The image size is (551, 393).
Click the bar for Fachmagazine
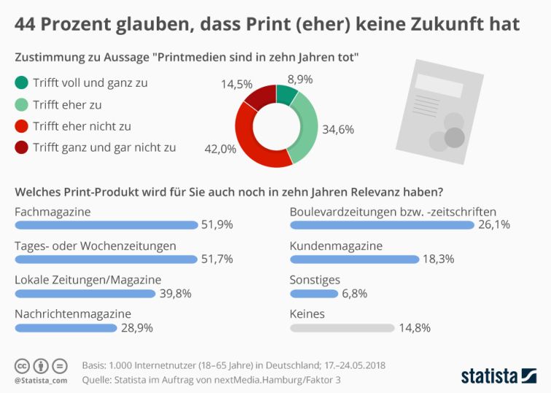click(x=106, y=225)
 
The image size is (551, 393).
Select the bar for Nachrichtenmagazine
click(x=66, y=328)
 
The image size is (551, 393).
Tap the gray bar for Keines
click(x=342, y=328)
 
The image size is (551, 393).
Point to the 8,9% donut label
click(x=300, y=78)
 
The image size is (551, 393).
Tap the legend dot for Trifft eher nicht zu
click(x=21, y=126)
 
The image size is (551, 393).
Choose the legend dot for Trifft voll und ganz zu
click(x=21, y=82)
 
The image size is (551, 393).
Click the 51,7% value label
click(x=217, y=259)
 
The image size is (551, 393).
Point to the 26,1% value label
click(x=494, y=225)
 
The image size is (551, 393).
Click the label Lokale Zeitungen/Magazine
click(x=88, y=279)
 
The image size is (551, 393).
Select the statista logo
click(x=499, y=376)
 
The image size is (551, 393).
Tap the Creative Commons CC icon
click(x=23, y=365)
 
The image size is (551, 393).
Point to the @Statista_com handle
click(x=41, y=380)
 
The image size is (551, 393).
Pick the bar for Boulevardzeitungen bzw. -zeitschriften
click(x=382, y=225)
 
